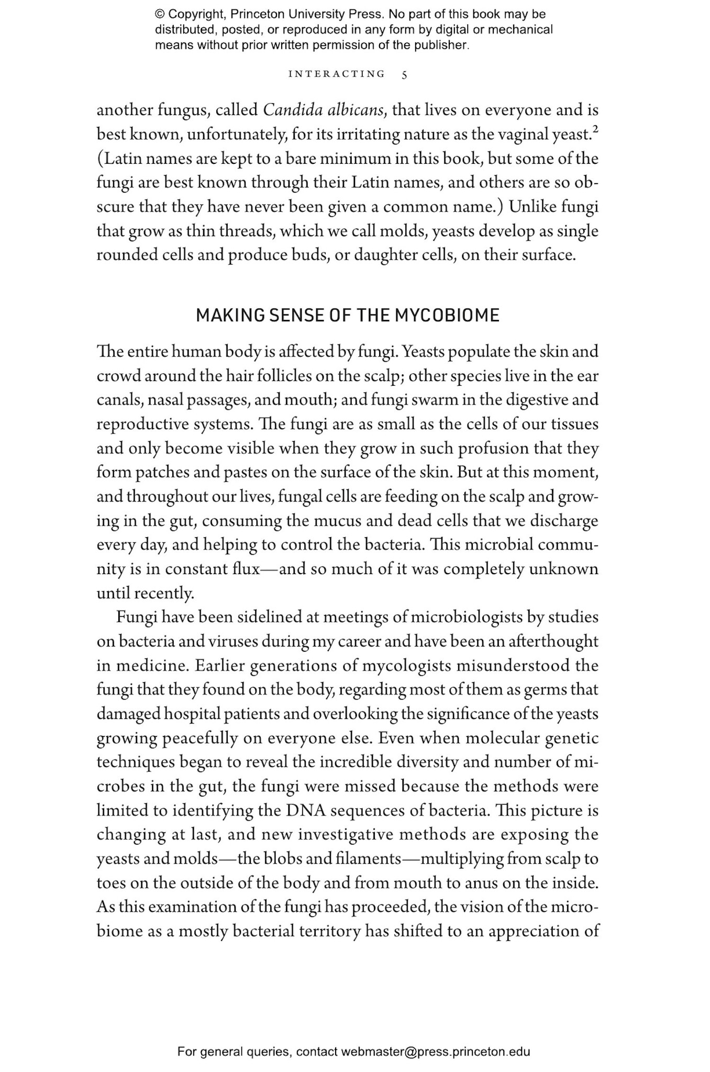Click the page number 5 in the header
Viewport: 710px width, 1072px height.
click(x=404, y=74)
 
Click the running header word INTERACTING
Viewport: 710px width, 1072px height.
click(x=337, y=74)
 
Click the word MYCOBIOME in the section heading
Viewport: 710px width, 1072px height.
click(x=447, y=315)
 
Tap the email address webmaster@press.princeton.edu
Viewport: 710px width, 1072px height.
click(x=436, y=1052)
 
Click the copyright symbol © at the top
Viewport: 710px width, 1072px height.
click(x=160, y=15)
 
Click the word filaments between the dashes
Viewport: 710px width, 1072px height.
click(x=367, y=858)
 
